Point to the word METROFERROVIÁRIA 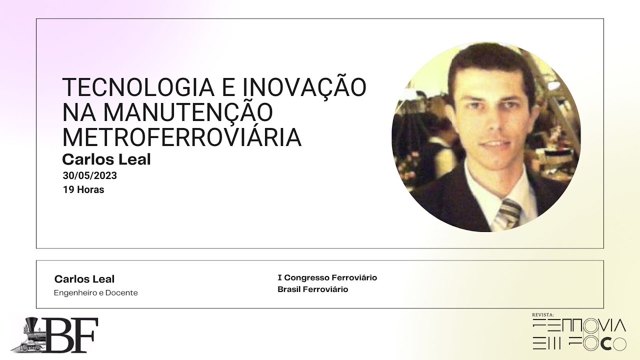click(182, 137)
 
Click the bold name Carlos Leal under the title click(106, 159)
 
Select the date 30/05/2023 click(90, 175)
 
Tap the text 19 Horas click(83, 190)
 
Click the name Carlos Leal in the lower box click(84, 279)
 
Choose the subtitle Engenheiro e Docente click(95, 293)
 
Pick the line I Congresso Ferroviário click(327, 277)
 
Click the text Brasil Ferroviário click(312, 289)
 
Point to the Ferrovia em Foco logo click(579, 334)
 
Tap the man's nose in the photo click(487, 122)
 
